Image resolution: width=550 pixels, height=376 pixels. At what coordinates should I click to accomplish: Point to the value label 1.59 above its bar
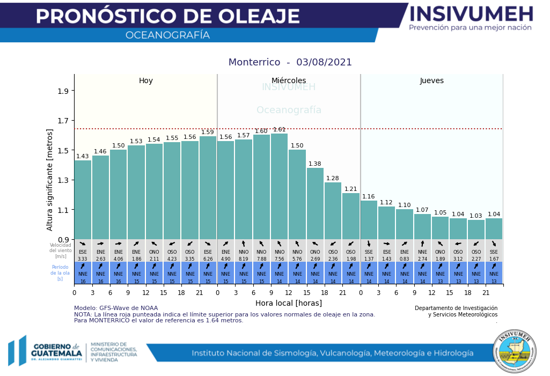click(208, 132)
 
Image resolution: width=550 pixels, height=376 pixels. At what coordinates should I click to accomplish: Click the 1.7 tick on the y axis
click(63, 121)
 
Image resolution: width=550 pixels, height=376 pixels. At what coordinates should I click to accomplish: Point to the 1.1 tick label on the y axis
click(63, 210)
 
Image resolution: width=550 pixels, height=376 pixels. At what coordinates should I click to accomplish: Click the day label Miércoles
click(289, 81)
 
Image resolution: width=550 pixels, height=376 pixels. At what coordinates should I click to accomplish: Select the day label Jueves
click(432, 81)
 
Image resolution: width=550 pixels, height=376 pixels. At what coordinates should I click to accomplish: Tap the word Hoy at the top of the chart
click(146, 81)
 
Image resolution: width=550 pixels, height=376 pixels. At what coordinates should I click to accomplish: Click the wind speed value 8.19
click(244, 259)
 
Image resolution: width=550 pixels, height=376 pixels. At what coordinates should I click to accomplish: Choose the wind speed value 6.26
click(208, 259)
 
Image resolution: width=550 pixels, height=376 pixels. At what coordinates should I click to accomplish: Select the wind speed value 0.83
click(405, 259)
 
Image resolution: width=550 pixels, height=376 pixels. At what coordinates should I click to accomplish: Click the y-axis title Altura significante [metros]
click(50, 180)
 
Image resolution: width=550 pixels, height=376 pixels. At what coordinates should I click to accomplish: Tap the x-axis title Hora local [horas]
click(289, 303)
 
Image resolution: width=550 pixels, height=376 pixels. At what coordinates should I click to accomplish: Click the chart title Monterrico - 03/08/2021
click(290, 62)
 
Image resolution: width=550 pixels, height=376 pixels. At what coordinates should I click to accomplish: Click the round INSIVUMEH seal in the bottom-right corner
click(515, 351)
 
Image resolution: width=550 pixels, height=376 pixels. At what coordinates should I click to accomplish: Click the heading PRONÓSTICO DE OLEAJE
click(168, 17)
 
